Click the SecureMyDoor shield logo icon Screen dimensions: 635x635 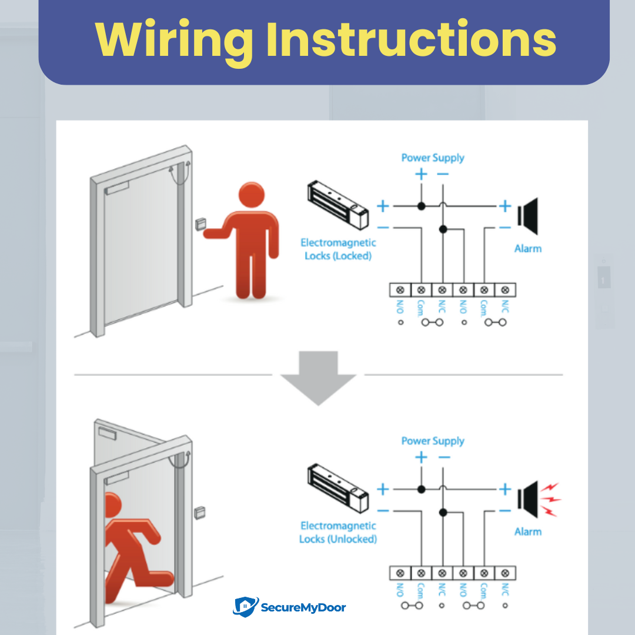[x=245, y=607]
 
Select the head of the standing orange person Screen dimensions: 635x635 [x=252, y=195]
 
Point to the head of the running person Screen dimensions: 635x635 [x=112, y=505]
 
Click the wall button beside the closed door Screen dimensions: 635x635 [x=200, y=224]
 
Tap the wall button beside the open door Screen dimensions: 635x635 [x=200, y=513]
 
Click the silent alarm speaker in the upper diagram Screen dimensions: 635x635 [x=527, y=216]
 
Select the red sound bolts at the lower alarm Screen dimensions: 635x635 [x=551, y=500]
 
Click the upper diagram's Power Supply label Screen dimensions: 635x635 [x=433, y=158]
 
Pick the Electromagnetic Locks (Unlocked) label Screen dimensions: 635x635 [x=338, y=532]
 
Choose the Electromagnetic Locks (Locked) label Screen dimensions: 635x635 [x=338, y=249]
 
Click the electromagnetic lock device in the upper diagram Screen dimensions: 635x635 [x=338, y=205]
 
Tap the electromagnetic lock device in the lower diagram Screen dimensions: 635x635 [x=338, y=489]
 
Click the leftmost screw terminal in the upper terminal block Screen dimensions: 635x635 [x=400, y=290]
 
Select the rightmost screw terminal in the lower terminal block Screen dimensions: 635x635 [x=505, y=573]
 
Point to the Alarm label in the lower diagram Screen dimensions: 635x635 [x=527, y=532]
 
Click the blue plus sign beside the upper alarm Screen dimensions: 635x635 [x=505, y=206]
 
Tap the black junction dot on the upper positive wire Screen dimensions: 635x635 [x=421, y=206]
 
